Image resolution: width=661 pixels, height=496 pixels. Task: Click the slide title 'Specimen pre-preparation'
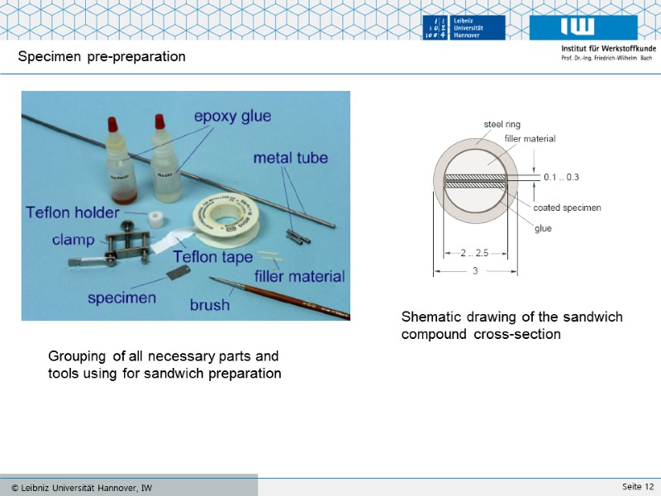[102, 57]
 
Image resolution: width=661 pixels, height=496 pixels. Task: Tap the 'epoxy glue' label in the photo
[232, 117]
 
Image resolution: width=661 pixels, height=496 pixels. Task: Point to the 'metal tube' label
[290, 158]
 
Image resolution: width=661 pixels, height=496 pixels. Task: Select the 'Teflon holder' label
[73, 212]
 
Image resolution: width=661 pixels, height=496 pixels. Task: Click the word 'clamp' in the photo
[74, 241]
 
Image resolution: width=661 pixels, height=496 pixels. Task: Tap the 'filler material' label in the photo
[299, 276]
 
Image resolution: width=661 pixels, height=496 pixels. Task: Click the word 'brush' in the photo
[210, 305]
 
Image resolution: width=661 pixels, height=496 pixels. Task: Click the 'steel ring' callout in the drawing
[502, 125]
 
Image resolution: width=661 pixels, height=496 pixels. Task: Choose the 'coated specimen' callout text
[567, 207]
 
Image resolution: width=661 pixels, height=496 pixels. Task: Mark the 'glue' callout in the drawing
[543, 229]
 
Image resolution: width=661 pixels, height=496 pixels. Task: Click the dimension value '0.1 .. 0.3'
[561, 178]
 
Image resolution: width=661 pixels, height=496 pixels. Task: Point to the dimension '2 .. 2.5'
[474, 253]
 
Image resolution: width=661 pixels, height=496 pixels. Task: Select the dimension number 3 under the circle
[475, 270]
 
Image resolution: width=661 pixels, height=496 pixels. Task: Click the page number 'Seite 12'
[638, 485]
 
